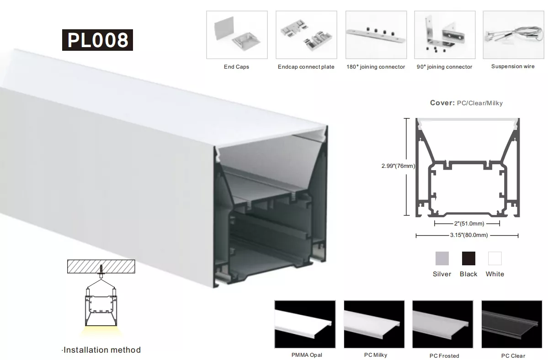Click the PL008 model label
pos(97,40)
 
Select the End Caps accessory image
pos(237,35)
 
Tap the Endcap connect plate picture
pos(307,35)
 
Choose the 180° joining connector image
pos(376,35)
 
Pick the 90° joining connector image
pos(445,35)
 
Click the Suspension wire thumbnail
pos(513,35)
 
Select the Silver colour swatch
pos(442,258)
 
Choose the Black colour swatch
pos(468,258)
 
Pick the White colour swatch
pos(495,258)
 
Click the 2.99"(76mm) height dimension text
pos(398,166)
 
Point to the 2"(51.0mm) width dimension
pos(469,224)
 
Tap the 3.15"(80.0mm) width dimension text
pos(469,235)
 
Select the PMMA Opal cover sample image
pos(305,324)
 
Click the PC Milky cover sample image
pos(374,324)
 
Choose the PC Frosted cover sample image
pos(443,324)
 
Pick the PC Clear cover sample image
pos(512,324)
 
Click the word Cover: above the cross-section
pos(442,103)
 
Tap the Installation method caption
pos(102,350)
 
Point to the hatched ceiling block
pos(101,266)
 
